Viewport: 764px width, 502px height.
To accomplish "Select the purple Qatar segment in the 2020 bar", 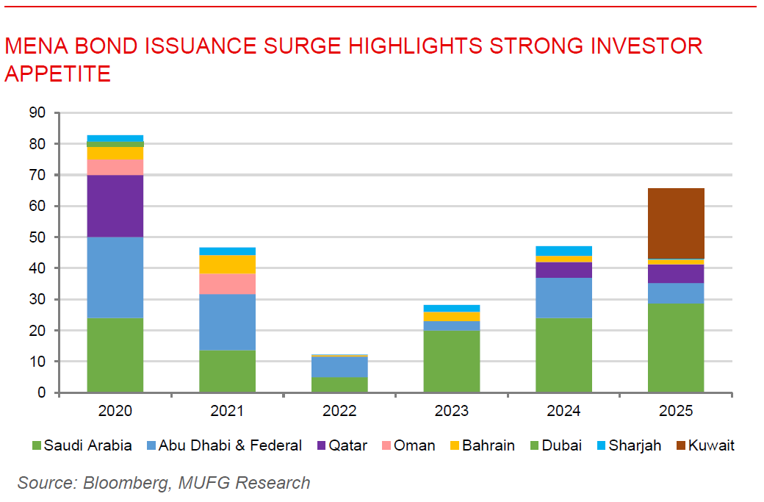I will (115, 206).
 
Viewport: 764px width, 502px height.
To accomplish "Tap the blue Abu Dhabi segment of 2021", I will (227, 322).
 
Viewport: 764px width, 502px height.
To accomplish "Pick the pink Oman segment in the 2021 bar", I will (227, 284).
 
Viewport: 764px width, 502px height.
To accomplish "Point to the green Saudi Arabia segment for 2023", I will (452, 362).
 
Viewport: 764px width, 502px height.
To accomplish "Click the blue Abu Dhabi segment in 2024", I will (563, 298).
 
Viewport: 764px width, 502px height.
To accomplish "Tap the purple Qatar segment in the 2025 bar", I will (676, 273).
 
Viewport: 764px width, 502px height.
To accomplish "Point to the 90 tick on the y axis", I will (37, 113).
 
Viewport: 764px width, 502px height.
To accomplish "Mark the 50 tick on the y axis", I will (37, 237).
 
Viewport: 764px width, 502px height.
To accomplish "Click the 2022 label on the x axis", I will (339, 411).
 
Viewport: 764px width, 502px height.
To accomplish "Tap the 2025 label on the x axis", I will (676, 411).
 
